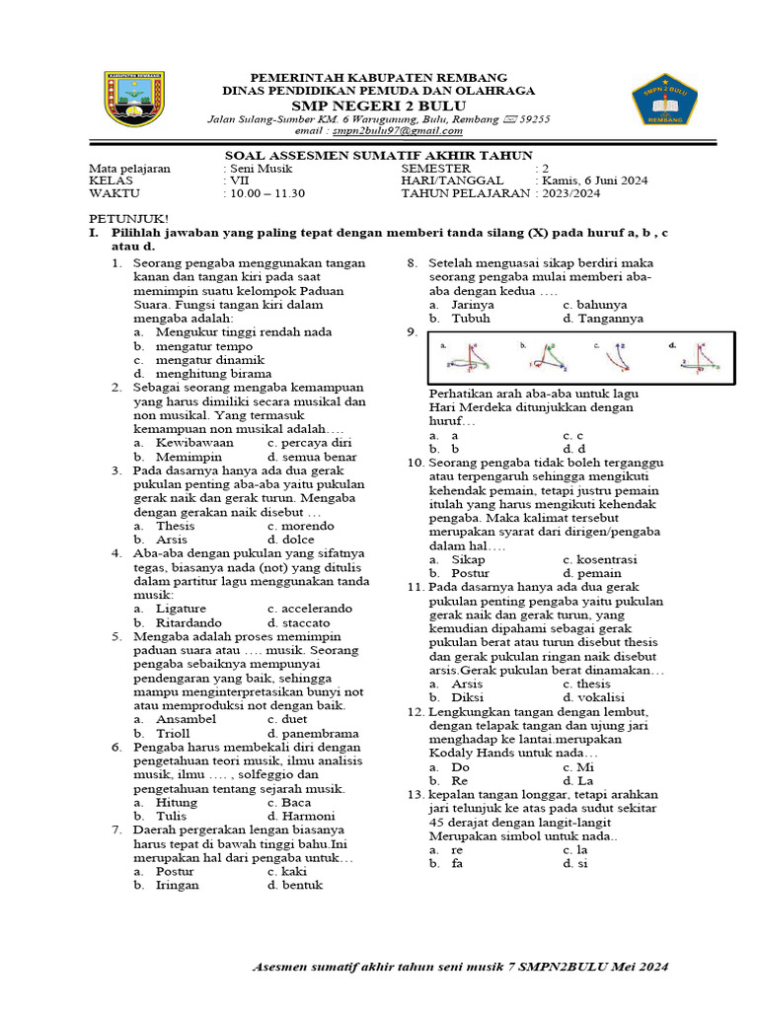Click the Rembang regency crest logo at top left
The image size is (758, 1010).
tap(134, 100)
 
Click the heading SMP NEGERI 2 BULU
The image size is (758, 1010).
tap(378, 105)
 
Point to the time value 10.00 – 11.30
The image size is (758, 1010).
tap(267, 194)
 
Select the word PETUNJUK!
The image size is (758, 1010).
tap(129, 218)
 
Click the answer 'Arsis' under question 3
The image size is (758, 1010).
tap(175, 540)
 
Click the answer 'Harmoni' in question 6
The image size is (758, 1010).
tap(308, 817)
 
